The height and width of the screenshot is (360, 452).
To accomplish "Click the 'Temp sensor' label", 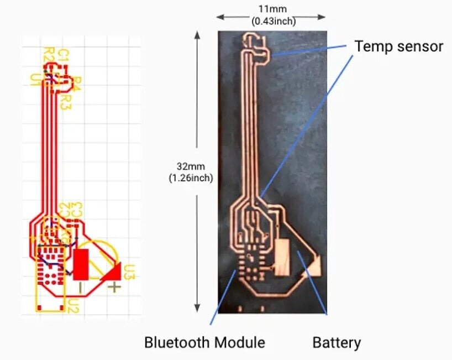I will pyautogui.click(x=398, y=46).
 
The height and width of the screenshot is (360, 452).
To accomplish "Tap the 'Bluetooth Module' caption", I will pyautogui.click(x=204, y=342).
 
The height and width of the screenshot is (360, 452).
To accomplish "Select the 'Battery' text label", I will pyautogui.click(x=337, y=342).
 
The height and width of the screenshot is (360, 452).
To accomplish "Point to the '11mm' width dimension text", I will pyautogui.click(x=273, y=9).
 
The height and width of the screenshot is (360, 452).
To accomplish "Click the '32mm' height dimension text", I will pyautogui.click(x=191, y=166).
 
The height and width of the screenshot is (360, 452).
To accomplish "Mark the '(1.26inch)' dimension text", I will pyautogui.click(x=191, y=178).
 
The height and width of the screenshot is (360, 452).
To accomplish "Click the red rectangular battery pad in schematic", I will pyautogui.click(x=81, y=264).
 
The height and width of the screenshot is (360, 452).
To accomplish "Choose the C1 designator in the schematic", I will pyautogui.click(x=62, y=55).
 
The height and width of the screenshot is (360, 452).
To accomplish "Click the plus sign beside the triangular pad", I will pyautogui.click(x=114, y=287).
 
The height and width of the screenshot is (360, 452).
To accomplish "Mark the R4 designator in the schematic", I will pyautogui.click(x=77, y=83).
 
